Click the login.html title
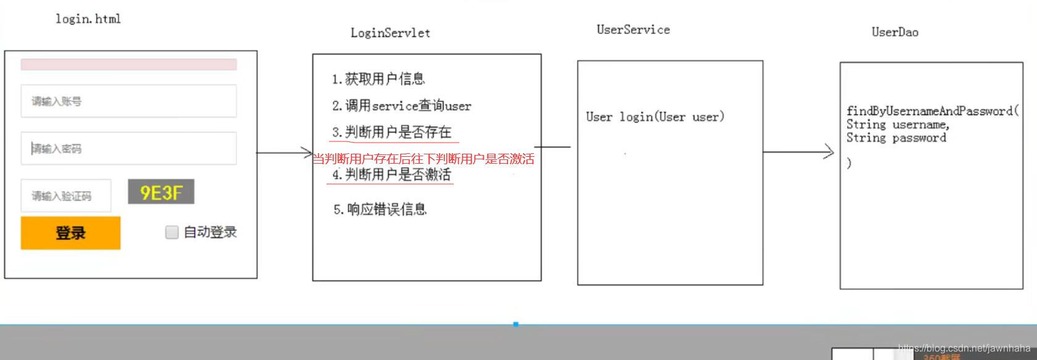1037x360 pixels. coord(88,19)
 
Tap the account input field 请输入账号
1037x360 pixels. coord(128,101)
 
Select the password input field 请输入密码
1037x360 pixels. coord(128,148)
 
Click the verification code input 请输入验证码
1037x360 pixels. coord(66,196)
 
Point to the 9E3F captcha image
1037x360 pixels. coord(161,192)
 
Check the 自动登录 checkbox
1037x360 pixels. coord(172,232)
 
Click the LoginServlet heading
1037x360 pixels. coord(390,33)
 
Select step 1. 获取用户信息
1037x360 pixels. coord(378,79)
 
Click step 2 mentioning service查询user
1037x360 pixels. coord(401,106)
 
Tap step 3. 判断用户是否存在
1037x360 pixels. coord(392,132)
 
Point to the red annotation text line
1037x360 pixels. coord(423,159)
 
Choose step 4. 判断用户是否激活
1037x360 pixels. coord(392,175)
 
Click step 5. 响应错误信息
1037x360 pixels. coord(380,210)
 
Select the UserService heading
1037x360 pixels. coord(633,30)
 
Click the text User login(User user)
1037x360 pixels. coord(655,117)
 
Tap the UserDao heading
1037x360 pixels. coord(894,32)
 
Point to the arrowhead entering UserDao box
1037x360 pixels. coord(829,152)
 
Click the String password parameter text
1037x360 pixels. coord(896,138)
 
